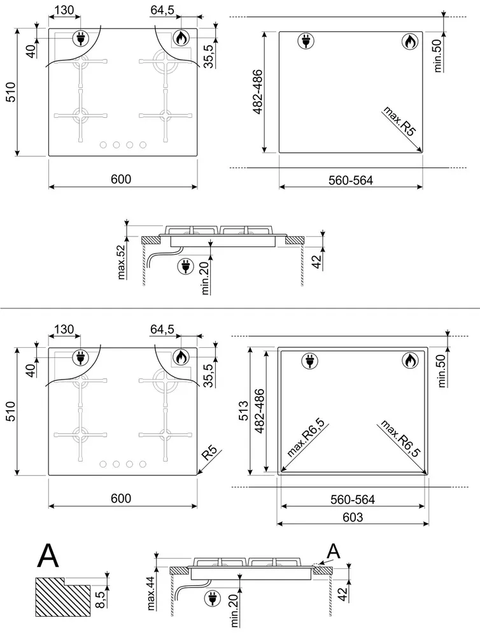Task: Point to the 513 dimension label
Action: pos(243,410)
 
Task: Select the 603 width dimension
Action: pos(353,517)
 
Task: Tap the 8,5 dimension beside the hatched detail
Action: pos(100,599)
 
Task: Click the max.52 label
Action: pos(121,262)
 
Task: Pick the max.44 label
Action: pos(151,593)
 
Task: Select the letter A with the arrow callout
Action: pos(334,551)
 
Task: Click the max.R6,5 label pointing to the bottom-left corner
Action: pos(306,438)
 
